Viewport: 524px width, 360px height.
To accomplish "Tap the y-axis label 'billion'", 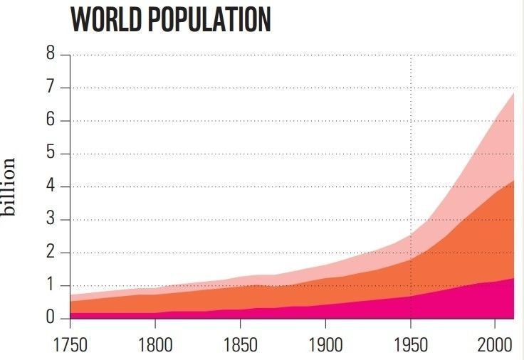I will tap(9, 187).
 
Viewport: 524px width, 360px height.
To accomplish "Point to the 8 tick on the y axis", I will tap(50, 54).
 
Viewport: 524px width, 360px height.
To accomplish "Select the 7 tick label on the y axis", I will tap(50, 88).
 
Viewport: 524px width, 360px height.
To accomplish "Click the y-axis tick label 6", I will tap(50, 120).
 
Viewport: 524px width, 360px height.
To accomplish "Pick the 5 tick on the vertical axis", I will tap(50, 154).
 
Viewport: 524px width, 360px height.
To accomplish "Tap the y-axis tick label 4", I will tap(50, 186).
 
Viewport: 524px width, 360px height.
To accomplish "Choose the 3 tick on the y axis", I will tap(50, 219).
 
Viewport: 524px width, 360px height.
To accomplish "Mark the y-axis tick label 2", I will tap(50, 253).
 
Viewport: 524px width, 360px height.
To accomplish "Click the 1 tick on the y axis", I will tap(50, 285).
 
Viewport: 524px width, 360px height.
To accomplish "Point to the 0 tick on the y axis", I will tap(50, 318).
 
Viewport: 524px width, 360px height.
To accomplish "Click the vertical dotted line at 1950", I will tap(411, 142).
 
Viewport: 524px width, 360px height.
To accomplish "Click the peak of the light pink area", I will tap(513, 93).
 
